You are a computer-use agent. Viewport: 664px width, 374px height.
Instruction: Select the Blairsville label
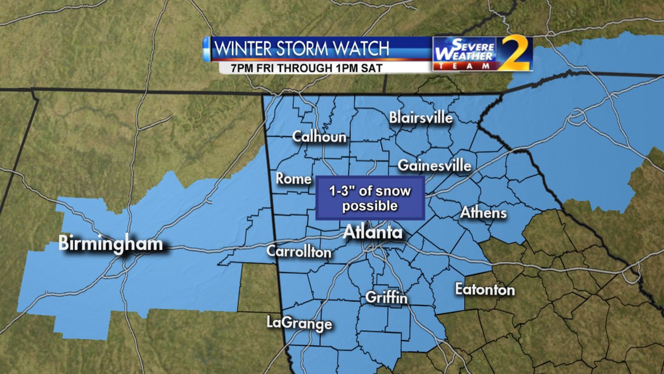point(421,118)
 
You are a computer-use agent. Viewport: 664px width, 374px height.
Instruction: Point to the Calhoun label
point(319,137)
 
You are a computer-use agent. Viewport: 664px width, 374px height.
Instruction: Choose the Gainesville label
point(435,166)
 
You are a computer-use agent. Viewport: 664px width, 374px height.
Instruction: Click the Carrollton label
point(299,251)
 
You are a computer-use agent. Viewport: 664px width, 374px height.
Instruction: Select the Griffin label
point(386,298)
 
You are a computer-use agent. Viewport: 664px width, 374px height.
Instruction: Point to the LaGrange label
point(299,323)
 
